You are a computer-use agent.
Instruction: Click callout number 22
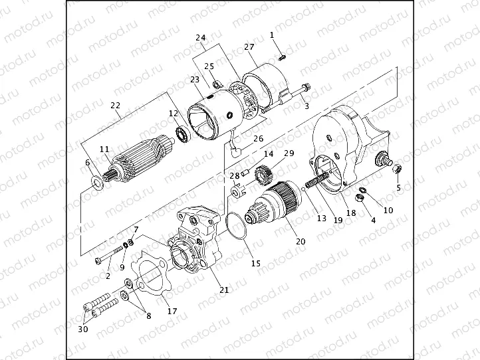115,106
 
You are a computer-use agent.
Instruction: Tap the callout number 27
249,47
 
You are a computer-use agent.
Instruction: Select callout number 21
224,290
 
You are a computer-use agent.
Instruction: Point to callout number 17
171,312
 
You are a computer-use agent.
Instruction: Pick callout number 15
255,263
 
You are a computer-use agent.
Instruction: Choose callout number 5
398,187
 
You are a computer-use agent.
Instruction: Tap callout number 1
272,33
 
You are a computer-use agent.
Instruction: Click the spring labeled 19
317,179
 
